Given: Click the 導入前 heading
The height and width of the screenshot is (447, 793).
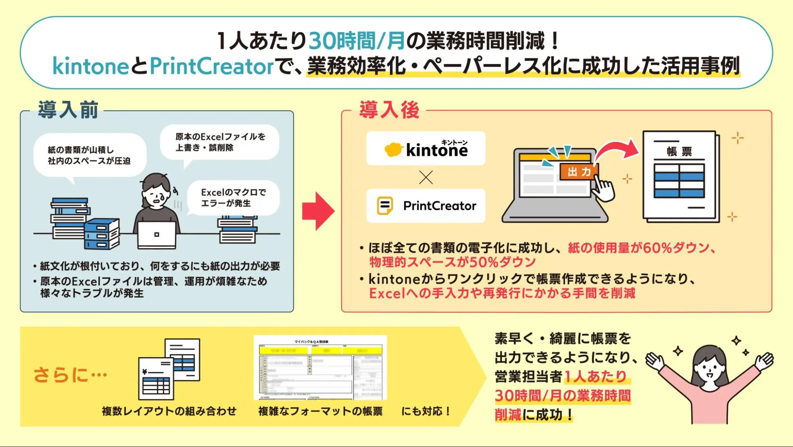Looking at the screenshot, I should (68, 110).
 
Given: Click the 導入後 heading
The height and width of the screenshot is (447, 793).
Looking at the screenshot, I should (389, 110).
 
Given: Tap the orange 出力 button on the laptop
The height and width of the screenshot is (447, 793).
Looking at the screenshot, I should (579, 172).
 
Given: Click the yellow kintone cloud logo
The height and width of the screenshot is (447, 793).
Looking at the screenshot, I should (393, 149).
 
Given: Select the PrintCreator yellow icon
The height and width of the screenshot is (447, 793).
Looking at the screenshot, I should (384, 205).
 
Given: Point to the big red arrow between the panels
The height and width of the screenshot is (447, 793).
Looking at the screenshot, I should (318, 211).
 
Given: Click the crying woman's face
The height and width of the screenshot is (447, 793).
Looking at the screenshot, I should (156, 195).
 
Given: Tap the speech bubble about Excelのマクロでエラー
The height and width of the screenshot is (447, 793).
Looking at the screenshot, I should (233, 197).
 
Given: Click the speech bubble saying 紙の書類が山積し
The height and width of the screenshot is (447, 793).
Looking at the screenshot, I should (89, 155).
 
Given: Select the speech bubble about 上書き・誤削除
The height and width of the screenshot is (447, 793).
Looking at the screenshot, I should (220, 142).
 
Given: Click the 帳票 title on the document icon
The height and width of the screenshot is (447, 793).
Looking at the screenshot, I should (679, 151).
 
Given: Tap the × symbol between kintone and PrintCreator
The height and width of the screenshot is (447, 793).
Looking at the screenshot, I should (426, 177).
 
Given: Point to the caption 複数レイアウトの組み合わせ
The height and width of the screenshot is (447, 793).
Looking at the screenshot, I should (169, 411).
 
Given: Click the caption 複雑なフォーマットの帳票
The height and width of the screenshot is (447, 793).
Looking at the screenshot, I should (320, 411).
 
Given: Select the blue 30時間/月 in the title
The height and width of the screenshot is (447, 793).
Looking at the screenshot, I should (356, 41).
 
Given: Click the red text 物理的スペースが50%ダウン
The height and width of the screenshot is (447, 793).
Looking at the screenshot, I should (453, 262).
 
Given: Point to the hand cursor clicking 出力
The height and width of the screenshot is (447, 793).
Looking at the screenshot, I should (603, 189).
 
